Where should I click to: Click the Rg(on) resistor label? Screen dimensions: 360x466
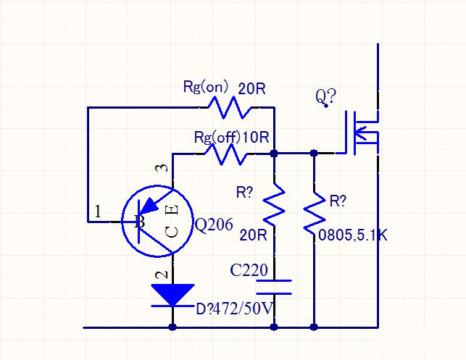(205, 87)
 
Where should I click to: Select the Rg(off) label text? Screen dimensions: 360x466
(218, 137)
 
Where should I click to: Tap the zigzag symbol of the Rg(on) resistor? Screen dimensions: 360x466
(228, 108)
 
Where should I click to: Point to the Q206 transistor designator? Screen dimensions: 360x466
(215, 225)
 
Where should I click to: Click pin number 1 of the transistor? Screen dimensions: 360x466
(97, 212)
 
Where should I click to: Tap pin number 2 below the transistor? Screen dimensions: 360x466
(162, 275)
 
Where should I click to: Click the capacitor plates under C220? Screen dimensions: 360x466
(274, 287)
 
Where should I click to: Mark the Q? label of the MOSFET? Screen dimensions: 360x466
(324, 96)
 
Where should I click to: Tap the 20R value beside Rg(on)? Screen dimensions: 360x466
(252, 89)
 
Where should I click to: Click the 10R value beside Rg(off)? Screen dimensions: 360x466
(257, 137)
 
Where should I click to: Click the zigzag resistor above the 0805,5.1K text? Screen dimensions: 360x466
(313, 212)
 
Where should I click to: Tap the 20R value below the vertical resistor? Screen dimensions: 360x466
(253, 235)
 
